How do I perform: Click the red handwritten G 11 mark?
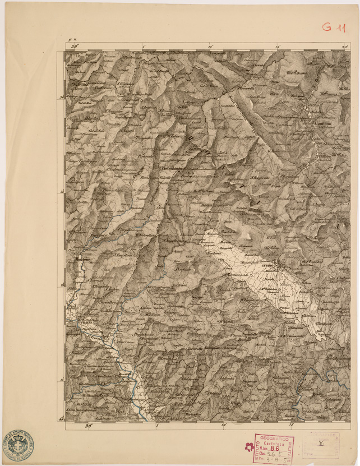tap(334, 26)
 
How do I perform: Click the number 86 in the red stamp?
tap(274, 449)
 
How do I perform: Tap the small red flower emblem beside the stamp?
tap(248, 447)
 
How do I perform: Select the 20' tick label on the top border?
tap(345, 47)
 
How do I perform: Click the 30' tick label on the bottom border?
tap(87, 426)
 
